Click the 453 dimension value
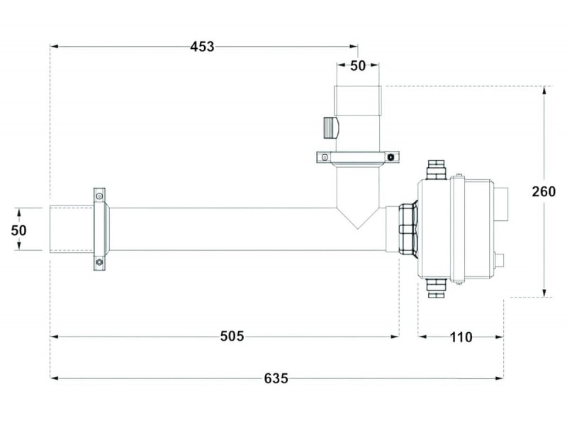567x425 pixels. (202, 47)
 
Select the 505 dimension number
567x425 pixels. (232, 336)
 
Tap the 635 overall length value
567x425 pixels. (276, 378)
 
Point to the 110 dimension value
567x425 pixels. (461, 337)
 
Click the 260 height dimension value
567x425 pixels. (544, 191)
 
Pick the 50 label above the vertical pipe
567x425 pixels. (358, 66)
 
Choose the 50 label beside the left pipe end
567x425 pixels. (19, 230)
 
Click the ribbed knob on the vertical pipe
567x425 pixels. (330, 127)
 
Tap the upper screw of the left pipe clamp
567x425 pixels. (99, 196)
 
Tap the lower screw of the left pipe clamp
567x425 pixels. (99, 262)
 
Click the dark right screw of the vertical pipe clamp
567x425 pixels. (391, 157)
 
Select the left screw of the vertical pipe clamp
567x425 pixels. (325, 157)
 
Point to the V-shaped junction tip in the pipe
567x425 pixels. (358, 229)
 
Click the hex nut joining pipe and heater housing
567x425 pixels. (408, 229)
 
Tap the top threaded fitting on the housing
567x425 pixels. (437, 170)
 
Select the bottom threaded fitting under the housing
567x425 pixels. (437, 288)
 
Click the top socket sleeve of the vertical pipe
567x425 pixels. (358, 101)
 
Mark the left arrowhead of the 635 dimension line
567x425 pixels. (55, 378)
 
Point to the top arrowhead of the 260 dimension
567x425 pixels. (544, 91)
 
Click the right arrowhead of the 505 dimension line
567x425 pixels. (395, 337)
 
